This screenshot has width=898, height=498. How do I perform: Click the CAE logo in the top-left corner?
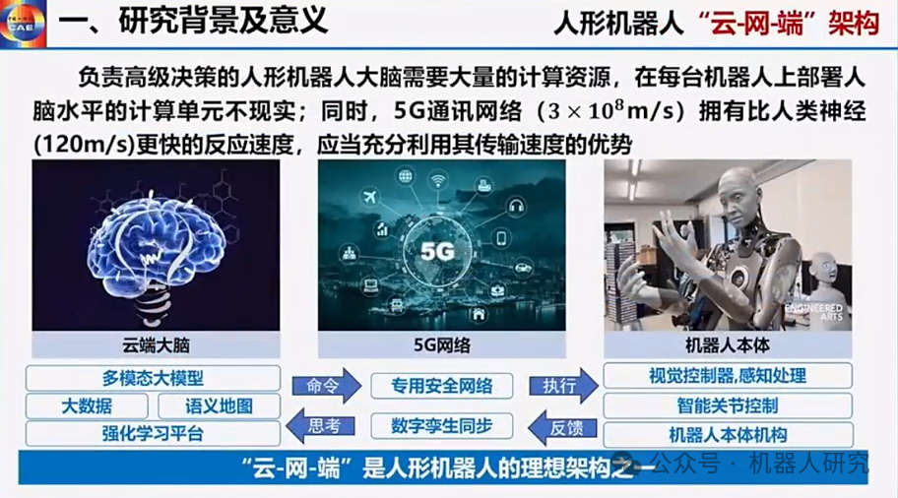tap(25, 22)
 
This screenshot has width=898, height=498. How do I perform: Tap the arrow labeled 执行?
tap(563, 385)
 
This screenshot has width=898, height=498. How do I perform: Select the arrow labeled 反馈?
tap(563, 426)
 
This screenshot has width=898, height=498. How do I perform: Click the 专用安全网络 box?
tap(441, 385)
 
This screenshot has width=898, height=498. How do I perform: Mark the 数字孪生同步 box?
tap(441, 426)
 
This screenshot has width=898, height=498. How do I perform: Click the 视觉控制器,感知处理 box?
tap(728, 376)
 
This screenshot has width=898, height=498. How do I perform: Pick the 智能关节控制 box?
tap(728, 405)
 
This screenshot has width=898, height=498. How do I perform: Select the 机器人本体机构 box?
tap(728, 434)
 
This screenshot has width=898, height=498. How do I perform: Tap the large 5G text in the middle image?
tap(438, 250)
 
